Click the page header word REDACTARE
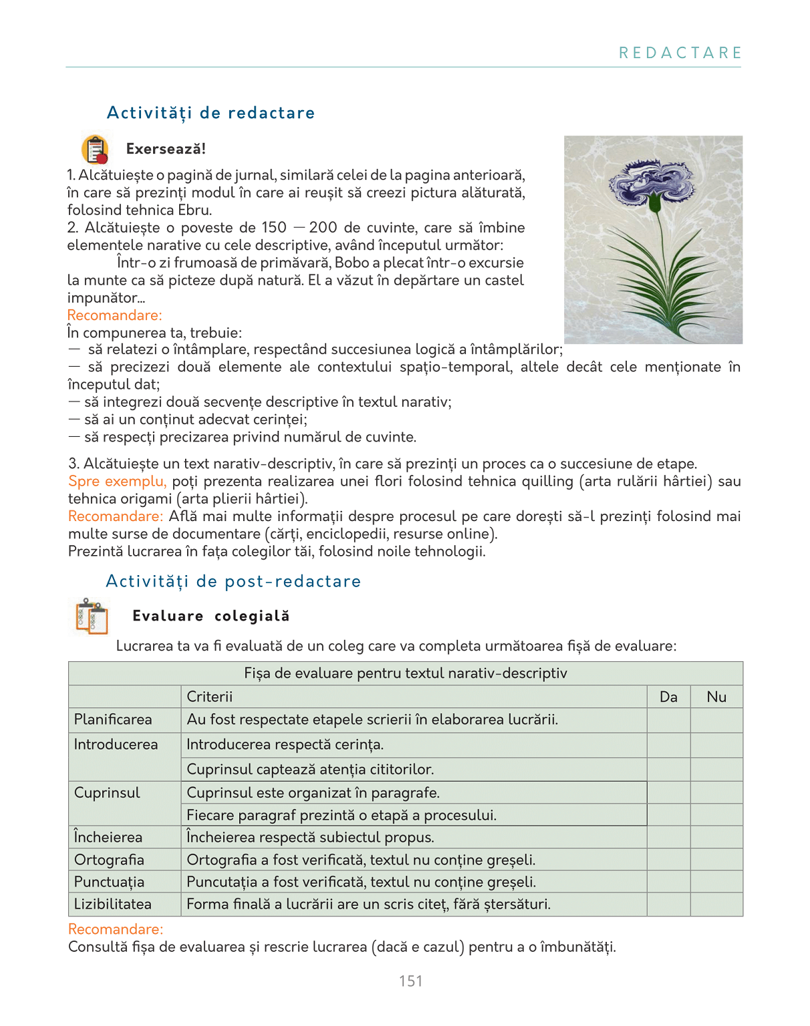point(680,53)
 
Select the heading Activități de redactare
point(211,113)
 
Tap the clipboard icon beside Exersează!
point(95,149)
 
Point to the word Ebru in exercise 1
point(196,210)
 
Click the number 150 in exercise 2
point(273,228)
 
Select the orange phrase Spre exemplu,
point(118,482)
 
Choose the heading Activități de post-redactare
point(233,581)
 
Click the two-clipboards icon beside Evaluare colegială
point(92,616)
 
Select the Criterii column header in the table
point(210,697)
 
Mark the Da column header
point(668,697)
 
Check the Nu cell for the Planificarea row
point(716,720)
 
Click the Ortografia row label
point(109,860)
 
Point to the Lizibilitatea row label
point(112,904)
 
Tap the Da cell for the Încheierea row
point(668,838)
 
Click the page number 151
point(410,981)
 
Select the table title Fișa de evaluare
point(405,673)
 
